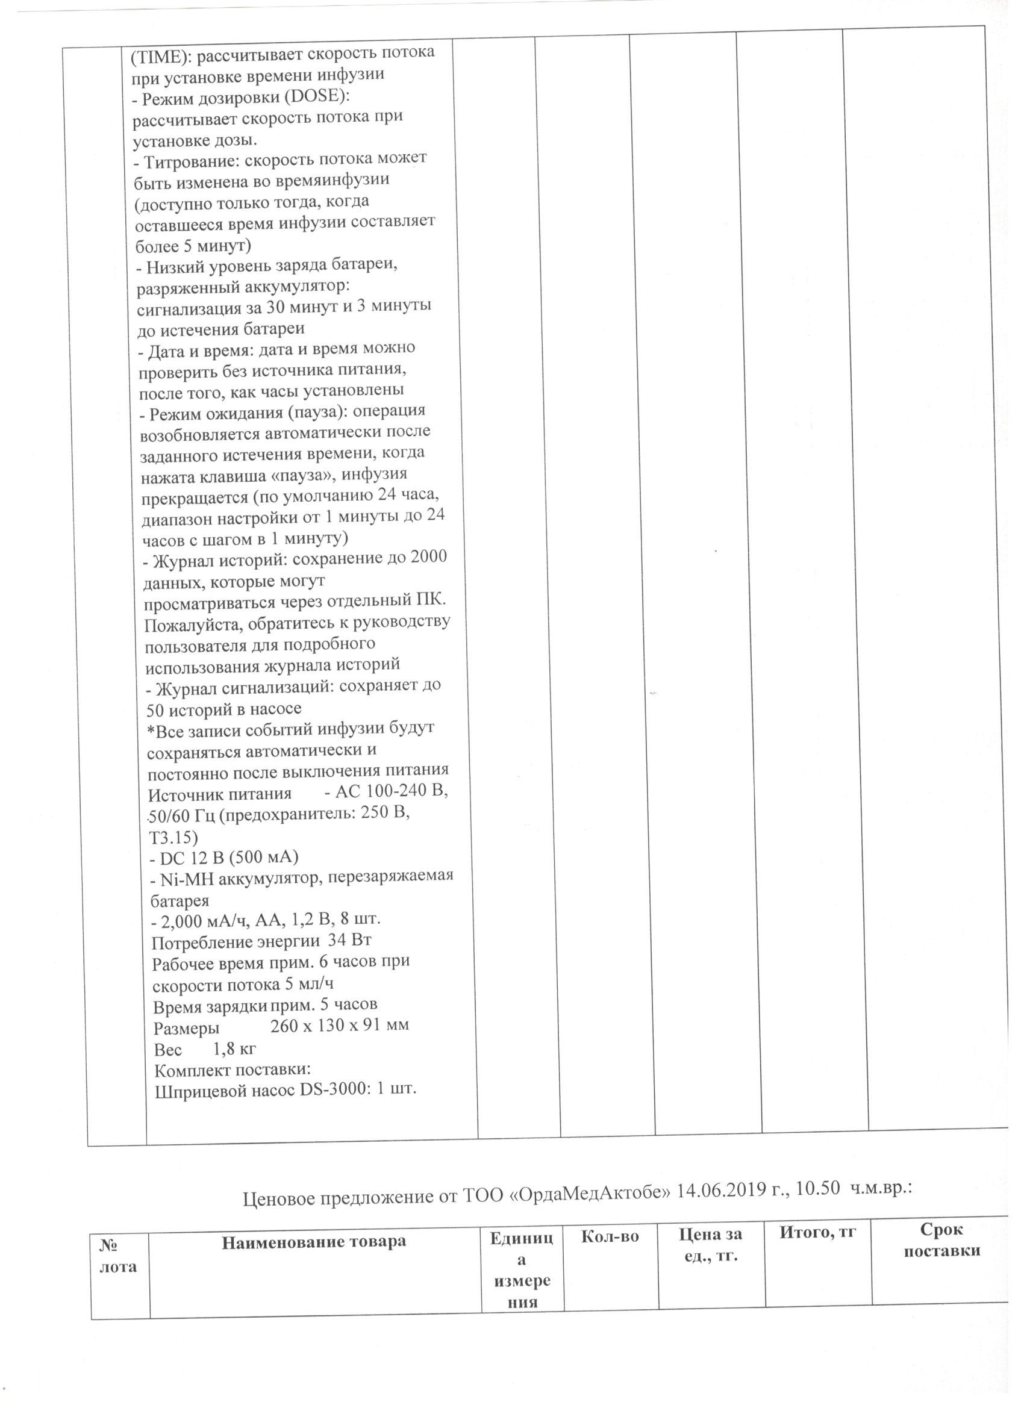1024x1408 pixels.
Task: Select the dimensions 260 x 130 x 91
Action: click(328, 1024)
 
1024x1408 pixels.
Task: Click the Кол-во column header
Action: click(610, 1236)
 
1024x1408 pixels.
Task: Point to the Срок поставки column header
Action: click(941, 1240)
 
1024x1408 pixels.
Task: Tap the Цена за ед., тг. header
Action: click(709, 1243)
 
